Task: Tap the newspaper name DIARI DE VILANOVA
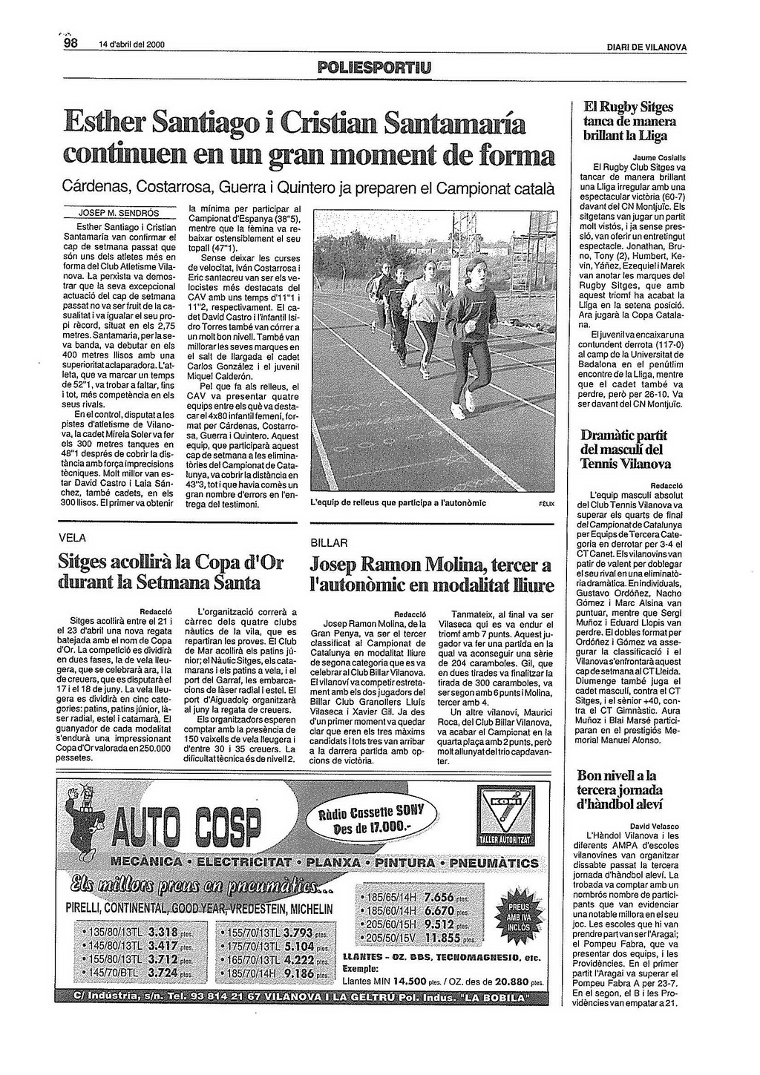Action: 646,48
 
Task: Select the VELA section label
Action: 73,538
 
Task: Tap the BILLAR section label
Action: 329,543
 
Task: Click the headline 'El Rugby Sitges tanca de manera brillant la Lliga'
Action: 629,121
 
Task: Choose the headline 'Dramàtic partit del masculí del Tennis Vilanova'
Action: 625,450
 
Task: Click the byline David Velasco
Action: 654,826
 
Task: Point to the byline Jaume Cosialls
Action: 659,158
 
